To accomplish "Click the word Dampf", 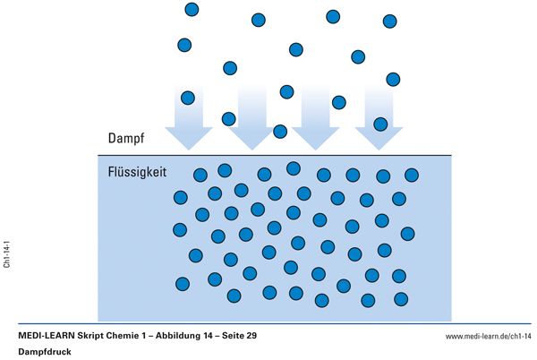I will tap(126, 139).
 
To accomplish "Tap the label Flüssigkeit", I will tap(137, 170).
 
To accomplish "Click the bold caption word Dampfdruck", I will tap(46, 352).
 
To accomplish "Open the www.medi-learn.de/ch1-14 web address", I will tap(489, 336).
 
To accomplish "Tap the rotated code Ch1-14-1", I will tap(7, 253).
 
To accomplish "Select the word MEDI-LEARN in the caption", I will tap(47, 335).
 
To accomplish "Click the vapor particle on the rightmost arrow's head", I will tap(380, 124).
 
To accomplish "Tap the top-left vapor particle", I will tap(192, 10).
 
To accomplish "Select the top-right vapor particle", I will tap(390, 21).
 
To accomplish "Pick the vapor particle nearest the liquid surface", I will tap(280, 132).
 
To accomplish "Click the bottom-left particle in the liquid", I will tap(183, 284).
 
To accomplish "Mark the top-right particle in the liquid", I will tap(412, 175).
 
